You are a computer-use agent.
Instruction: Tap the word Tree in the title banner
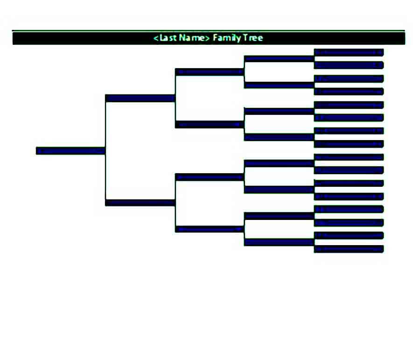click(253, 38)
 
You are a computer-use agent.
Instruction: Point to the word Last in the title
click(168, 38)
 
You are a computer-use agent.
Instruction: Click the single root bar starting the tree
click(70, 151)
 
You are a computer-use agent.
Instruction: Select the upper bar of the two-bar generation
click(140, 99)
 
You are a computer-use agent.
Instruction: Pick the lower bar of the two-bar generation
click(140, 203)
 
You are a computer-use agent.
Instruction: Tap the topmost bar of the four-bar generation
click(210, 72)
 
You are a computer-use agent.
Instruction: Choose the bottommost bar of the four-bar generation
click(210, 229)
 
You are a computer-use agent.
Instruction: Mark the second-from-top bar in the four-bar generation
click(210, 124)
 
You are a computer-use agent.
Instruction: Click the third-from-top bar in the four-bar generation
click(210, 177)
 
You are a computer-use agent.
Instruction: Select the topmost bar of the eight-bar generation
click(279, 59)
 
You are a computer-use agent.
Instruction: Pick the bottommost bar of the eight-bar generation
click(279, 242)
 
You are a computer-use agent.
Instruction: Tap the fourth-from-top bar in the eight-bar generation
click(279, 137)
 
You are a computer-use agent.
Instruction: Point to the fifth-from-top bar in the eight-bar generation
click(279, 163)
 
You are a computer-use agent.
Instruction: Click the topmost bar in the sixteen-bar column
click(349, 52)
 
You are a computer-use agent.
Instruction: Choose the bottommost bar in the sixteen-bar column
click(349, 249)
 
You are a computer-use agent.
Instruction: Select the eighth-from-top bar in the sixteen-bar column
click(349, 144)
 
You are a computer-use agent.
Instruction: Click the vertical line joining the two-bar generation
click(105, 150)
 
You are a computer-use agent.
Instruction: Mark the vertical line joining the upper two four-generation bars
click(175, 99)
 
